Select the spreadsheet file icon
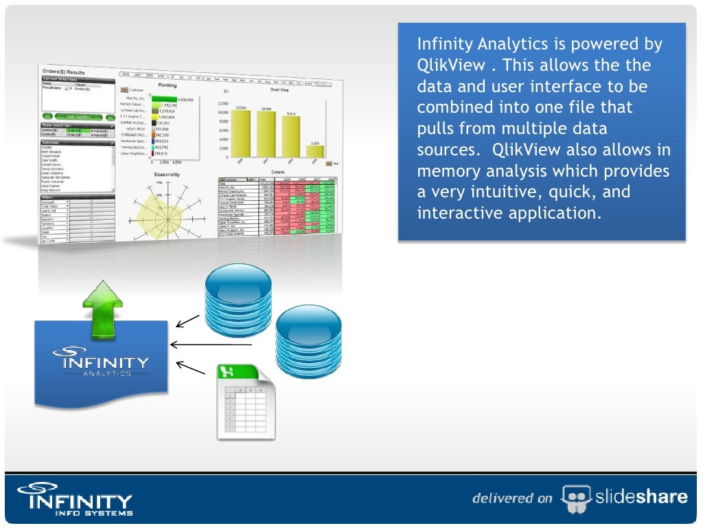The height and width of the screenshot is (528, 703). [x=246, y=402]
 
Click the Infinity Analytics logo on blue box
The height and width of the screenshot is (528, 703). [x=101, y=364]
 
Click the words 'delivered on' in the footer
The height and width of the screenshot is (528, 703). [x=511, y=498]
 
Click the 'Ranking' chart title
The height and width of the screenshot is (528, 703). [x=168, y=86]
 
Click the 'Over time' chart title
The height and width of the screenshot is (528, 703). [x=279, y=90]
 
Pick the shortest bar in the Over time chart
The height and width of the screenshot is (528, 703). [x=314, y=152]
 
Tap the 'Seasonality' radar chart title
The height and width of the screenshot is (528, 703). [x=166, y=175]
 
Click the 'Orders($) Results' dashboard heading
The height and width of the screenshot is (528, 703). [x=63, y=71]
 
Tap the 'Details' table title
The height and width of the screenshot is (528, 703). [x=277, y=172]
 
